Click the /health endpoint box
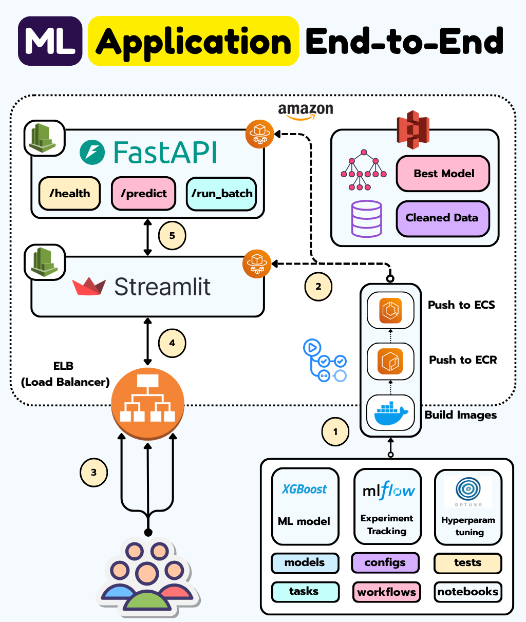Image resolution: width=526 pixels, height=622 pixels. pyautogui.click(x=70, y=194)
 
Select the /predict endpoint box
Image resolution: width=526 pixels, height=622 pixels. pyautogui.click(x=144, y=194)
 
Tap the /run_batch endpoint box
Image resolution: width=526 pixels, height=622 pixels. pyautogui.click(x=221, y=194)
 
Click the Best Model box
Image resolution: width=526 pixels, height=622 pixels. pyautogui.click(x=443, y=174)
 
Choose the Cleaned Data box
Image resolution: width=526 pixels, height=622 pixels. pyautogui.click(x=442, y=218)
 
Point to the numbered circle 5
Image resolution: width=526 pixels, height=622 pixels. pyautogui.click(x=172, y=236)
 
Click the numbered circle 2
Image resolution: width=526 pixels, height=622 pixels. pyautogui.click(x=318, y=287)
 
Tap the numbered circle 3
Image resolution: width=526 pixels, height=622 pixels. pyautogui.click(x=93, y=473)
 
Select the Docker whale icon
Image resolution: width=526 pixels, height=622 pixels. pyautogui.click(x=391, y=413)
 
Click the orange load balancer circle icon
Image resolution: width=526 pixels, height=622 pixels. pyautogui.click(x=148, y=403)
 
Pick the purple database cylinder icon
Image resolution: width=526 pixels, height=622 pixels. pyautogui.click(x=366, y=218)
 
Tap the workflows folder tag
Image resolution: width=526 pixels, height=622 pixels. pyautogui.click(x=386, y=592)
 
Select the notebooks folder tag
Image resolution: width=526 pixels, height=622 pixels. pyautogui.click(x=467, y=592)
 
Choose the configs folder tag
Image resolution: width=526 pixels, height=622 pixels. pyautogui.click(x=385, y=562)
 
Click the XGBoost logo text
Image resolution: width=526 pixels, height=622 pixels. pyautogui.click(x=305, y=489)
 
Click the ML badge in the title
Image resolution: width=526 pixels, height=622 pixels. pyautogui.click(x=50, y=41)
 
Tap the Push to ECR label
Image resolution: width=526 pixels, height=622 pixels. pyautogui.click(x=463, y=360)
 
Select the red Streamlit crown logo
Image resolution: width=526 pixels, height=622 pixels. pyautogui.click(x=89, y=287)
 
